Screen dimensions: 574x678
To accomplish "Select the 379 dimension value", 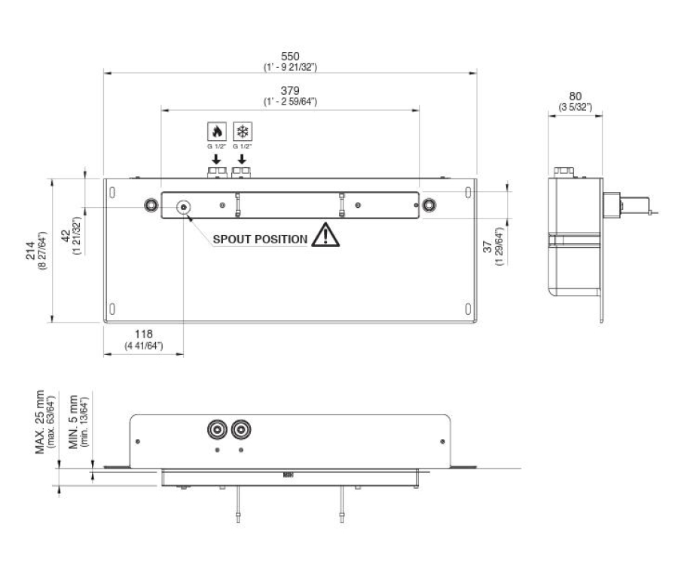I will (290, 91).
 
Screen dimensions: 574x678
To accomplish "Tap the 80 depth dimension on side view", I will (576, 96).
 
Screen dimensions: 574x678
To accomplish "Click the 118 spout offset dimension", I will (143, 334).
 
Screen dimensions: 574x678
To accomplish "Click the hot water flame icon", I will (215, 130).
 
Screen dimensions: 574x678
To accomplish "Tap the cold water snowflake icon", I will (242, 130).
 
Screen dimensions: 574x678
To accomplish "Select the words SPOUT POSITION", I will (260, 240).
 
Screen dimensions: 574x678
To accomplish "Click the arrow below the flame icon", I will (215, 160).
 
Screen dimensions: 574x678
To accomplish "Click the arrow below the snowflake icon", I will (242, 160).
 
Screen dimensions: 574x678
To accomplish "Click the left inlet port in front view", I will (217, 430).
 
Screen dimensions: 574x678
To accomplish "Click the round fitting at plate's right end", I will (429, 206).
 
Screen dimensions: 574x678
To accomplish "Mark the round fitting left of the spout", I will (151, 206).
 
